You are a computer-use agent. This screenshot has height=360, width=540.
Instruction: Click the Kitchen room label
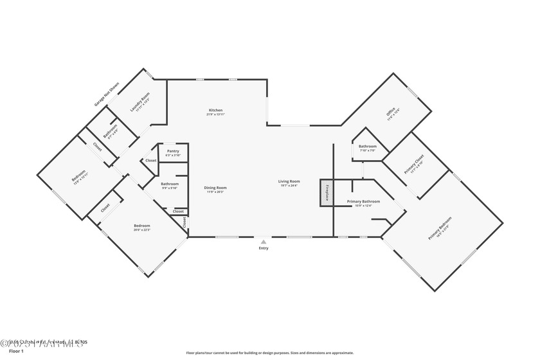(215, 110)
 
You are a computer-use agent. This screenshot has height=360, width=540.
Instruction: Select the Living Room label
(289, 181)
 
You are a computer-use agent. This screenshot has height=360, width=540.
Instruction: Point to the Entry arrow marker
(263, 242)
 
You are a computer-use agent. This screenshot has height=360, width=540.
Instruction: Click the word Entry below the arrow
(264, 248)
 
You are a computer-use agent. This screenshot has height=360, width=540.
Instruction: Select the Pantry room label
(173, 151)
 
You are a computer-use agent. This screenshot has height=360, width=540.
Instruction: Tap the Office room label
(392, 114)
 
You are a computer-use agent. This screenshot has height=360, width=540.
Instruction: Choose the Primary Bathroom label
(363, 201)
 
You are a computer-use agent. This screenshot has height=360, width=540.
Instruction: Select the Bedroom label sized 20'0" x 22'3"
(141, 226)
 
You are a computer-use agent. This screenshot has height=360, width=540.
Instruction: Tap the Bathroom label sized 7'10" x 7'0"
(368, 146)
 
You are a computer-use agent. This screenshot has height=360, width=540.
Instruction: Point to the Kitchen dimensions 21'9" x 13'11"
(215, 114)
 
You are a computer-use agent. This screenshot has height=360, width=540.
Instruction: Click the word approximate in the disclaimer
(341, 353)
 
